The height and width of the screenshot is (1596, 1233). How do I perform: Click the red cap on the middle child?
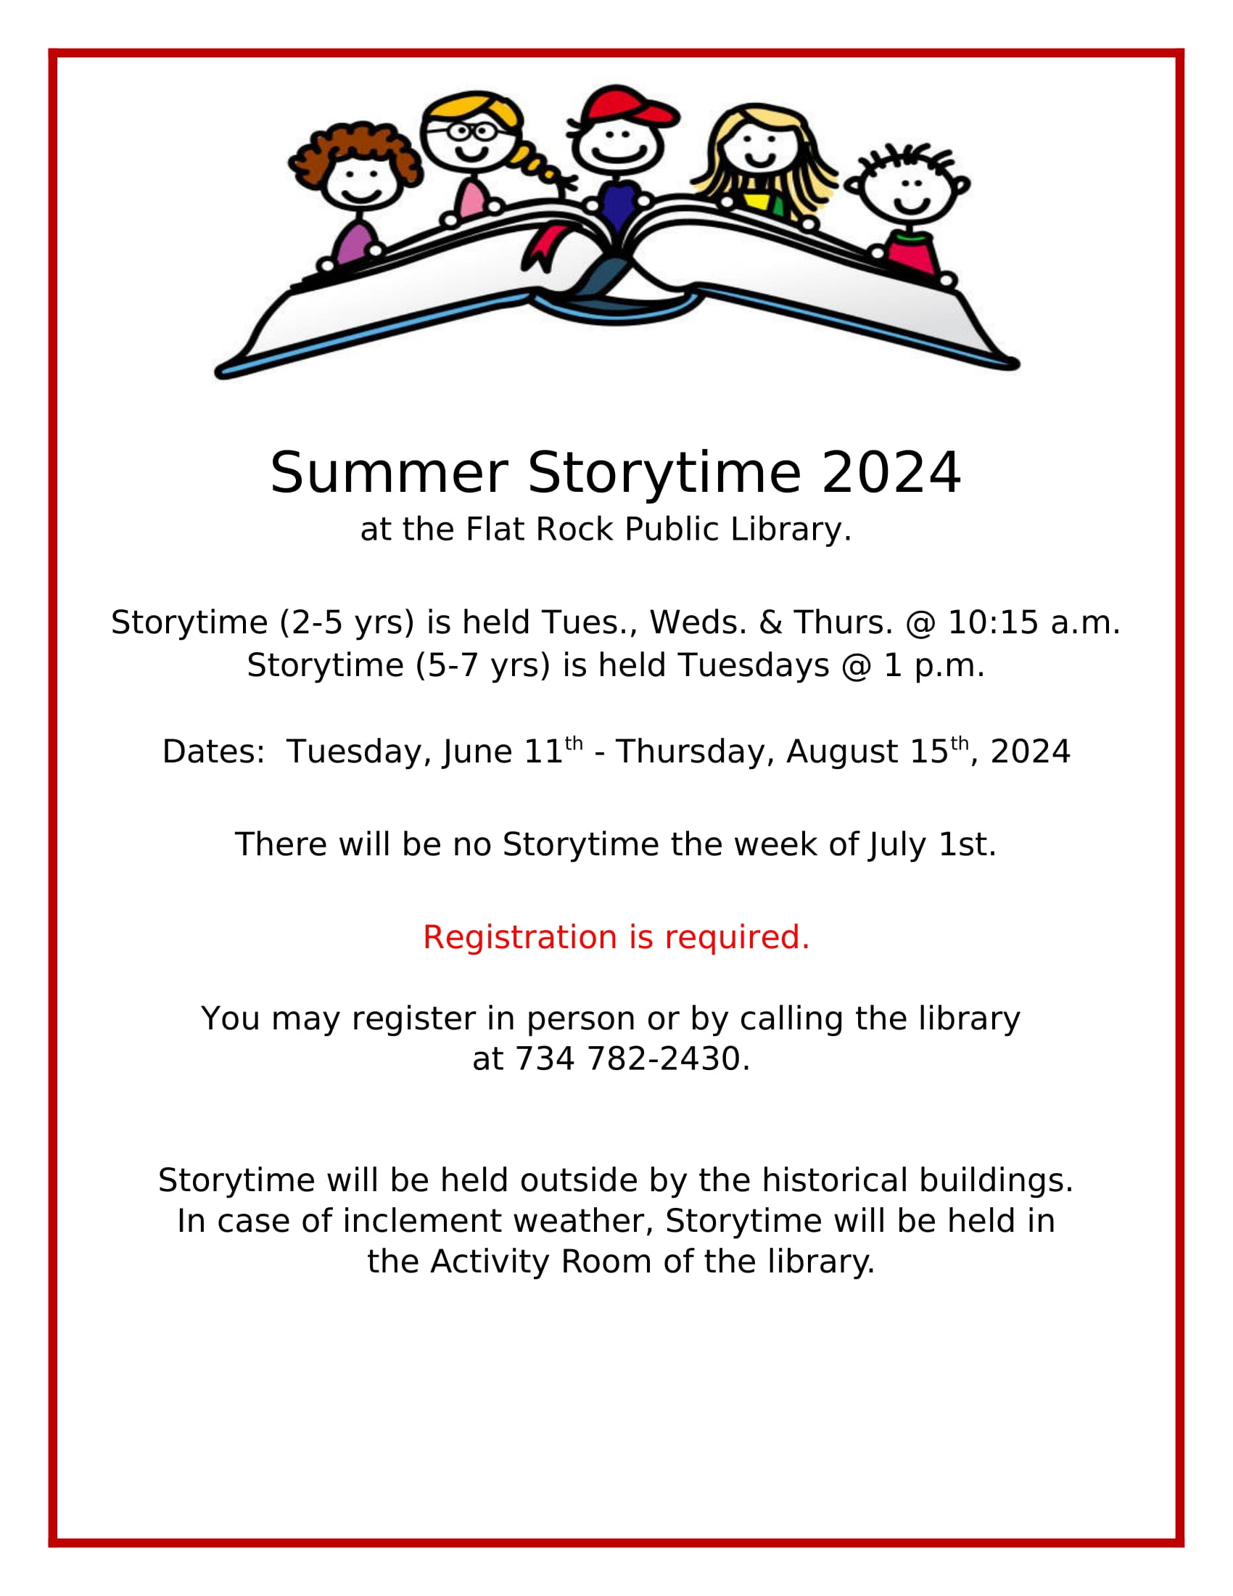[630, 106]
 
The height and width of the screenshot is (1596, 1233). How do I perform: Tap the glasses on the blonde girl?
[469, 131]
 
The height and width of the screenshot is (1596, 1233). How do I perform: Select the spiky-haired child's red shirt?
[911, 252]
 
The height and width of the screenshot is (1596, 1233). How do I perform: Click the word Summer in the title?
[389, 473]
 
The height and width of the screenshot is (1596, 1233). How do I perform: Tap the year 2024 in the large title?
[891, 473]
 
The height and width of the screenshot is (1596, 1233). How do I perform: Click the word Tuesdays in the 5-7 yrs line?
[753, 666]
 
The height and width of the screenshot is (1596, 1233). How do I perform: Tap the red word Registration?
[520, 937]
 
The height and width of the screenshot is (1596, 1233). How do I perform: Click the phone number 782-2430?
[664, 1059]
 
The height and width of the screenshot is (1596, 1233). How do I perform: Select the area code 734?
[545, 1059]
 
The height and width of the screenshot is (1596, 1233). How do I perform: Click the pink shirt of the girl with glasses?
[472, 199]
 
